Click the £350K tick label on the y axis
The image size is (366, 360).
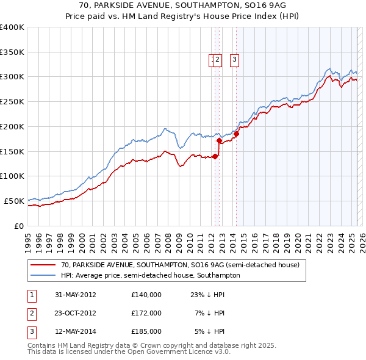[x=12, y=52]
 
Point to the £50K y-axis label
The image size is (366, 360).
[x=14, y=201]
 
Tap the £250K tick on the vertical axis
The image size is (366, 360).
[x=12, y=102]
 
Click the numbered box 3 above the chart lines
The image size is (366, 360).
[x=234, y=60]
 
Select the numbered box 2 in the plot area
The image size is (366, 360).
[x=218, y=60]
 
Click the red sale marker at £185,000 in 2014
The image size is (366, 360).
[x=236, y=134]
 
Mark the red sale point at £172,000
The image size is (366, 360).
[x=219, y=140]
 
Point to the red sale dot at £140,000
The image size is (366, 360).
[x=215, y=156]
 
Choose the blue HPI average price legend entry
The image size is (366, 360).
[x=150, y=275]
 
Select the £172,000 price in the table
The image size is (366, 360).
[x=146, y=313]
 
